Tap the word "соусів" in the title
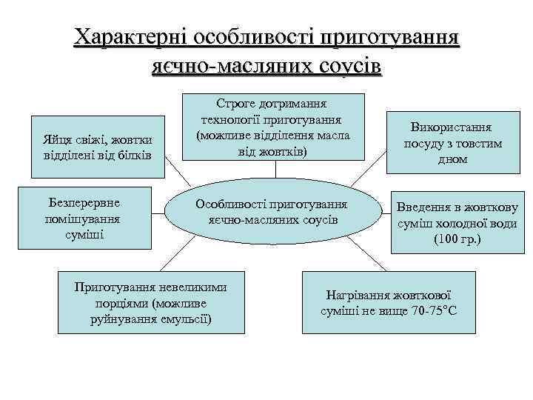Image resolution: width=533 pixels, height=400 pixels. [x=347, y=66]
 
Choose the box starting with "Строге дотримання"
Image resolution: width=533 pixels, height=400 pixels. [x=273, y=127]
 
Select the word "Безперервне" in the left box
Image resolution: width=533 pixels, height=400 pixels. [x=84, y=202]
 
